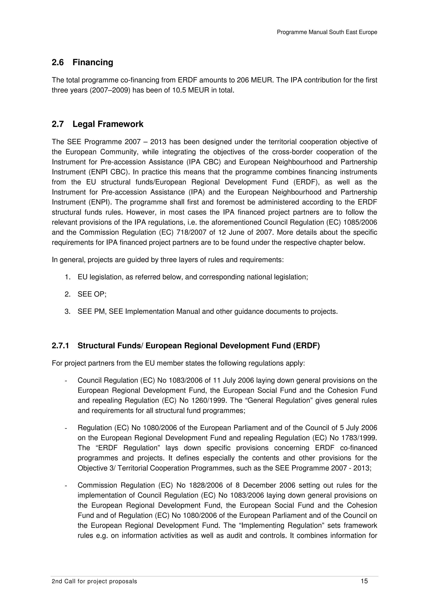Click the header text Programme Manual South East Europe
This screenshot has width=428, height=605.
click(x=327, y=32)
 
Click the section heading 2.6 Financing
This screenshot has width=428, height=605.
click(x=82, y=62)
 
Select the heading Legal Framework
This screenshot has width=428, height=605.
click(x=108, y=124)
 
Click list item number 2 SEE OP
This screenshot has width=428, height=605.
click(x=92, y=294)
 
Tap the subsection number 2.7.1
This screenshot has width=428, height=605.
click(x=60, y=346)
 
